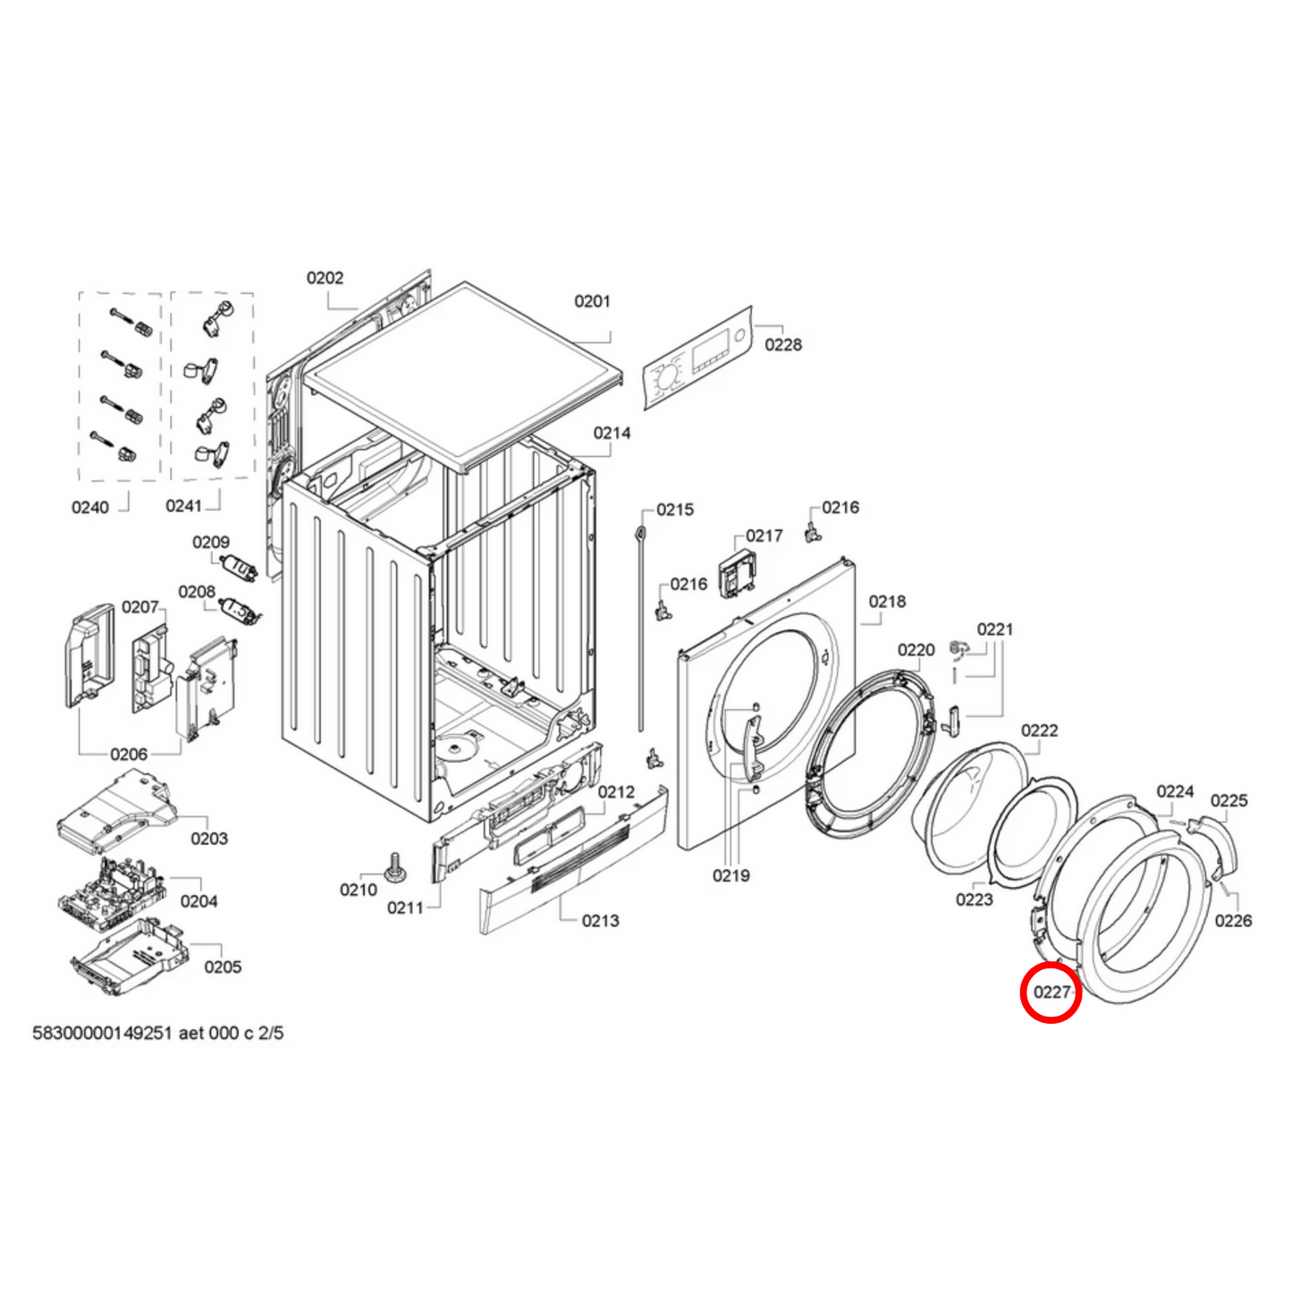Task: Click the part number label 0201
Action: [x=592, y=301]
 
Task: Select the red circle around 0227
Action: [x=1051, y=992]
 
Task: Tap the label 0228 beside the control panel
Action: [x=783, y=344]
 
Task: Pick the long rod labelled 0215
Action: [x=641, y=626]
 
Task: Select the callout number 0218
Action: [x=887, y=602]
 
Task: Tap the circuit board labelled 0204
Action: [x=112, y=889]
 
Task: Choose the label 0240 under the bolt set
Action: [x=90, y=508]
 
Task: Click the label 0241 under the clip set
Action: [x=183, y=506]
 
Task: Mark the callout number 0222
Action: [x=1039, y=730]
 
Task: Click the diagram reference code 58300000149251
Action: [x=102, y=1034]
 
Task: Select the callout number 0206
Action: [x=129, y=755]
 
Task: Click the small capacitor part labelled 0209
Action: [x=238, y=566]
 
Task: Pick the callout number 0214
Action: [x=612, y=433]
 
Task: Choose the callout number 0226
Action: [x=1233, y=921]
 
